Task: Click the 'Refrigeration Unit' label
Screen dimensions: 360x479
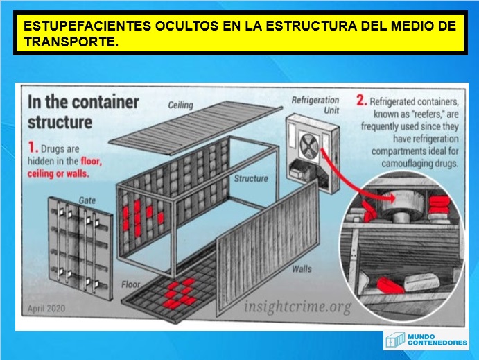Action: (x=315, y=105)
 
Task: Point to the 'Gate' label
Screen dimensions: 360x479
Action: (x=86, y=200)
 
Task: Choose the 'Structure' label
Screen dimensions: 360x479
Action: (x=251, y=178)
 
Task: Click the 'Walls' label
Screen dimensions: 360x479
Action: (x=301, y=268)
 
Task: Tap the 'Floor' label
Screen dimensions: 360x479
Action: (x=132, y=285)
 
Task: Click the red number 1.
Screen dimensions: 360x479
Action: (x=31, y=148)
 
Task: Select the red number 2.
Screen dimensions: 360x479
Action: (x=360, y=101)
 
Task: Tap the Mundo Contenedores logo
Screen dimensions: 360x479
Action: (x=426, y=340)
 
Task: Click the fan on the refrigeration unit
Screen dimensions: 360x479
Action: (x=308, y=144)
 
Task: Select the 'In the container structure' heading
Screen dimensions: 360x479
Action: (x=82, y=112)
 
